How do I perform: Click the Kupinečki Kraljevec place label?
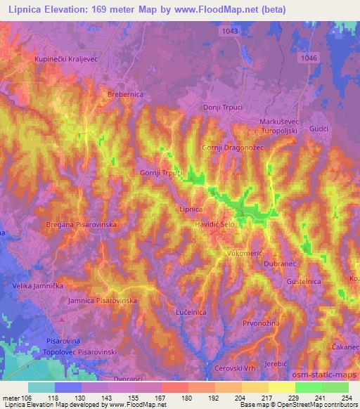coord(60,59)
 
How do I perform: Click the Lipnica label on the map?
coord(191,209)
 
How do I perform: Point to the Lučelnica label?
coord(189,310)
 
